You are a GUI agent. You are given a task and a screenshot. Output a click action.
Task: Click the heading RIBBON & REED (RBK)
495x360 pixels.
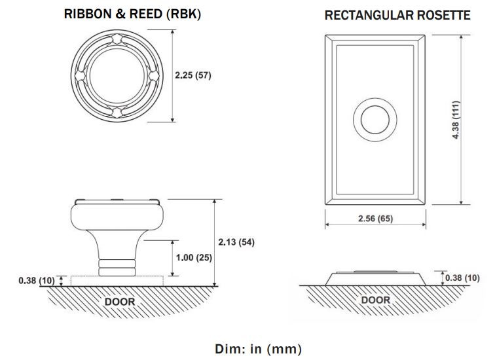click(132, 14)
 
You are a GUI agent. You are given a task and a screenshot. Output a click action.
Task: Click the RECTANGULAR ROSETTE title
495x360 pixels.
click(397, 15)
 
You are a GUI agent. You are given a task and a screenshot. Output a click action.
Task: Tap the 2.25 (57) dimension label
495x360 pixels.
click(193, 75)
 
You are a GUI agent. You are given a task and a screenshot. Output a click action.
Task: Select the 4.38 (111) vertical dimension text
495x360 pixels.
click(456, 120)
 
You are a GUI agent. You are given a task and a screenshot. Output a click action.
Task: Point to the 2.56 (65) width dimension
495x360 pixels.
click(375, 219)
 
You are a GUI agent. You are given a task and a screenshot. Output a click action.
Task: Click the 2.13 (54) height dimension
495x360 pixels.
click(236, 242)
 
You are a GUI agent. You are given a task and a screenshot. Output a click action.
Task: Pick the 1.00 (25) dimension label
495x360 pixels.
click(194, 258)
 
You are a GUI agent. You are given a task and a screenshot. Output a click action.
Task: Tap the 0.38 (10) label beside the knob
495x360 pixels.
click(37, 280)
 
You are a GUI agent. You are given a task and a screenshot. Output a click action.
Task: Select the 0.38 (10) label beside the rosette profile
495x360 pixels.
click(462, 278)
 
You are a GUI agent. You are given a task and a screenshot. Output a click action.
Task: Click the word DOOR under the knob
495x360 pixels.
click(120, 302)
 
